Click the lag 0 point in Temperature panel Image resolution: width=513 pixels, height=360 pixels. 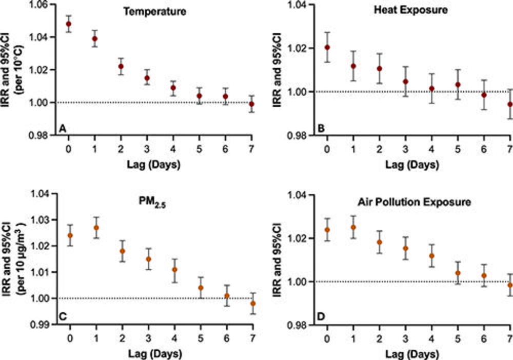[x=69, y=24]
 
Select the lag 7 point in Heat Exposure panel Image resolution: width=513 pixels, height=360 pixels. [x=509, y=104]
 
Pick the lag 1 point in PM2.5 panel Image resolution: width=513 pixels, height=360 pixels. [x=96, y=228]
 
